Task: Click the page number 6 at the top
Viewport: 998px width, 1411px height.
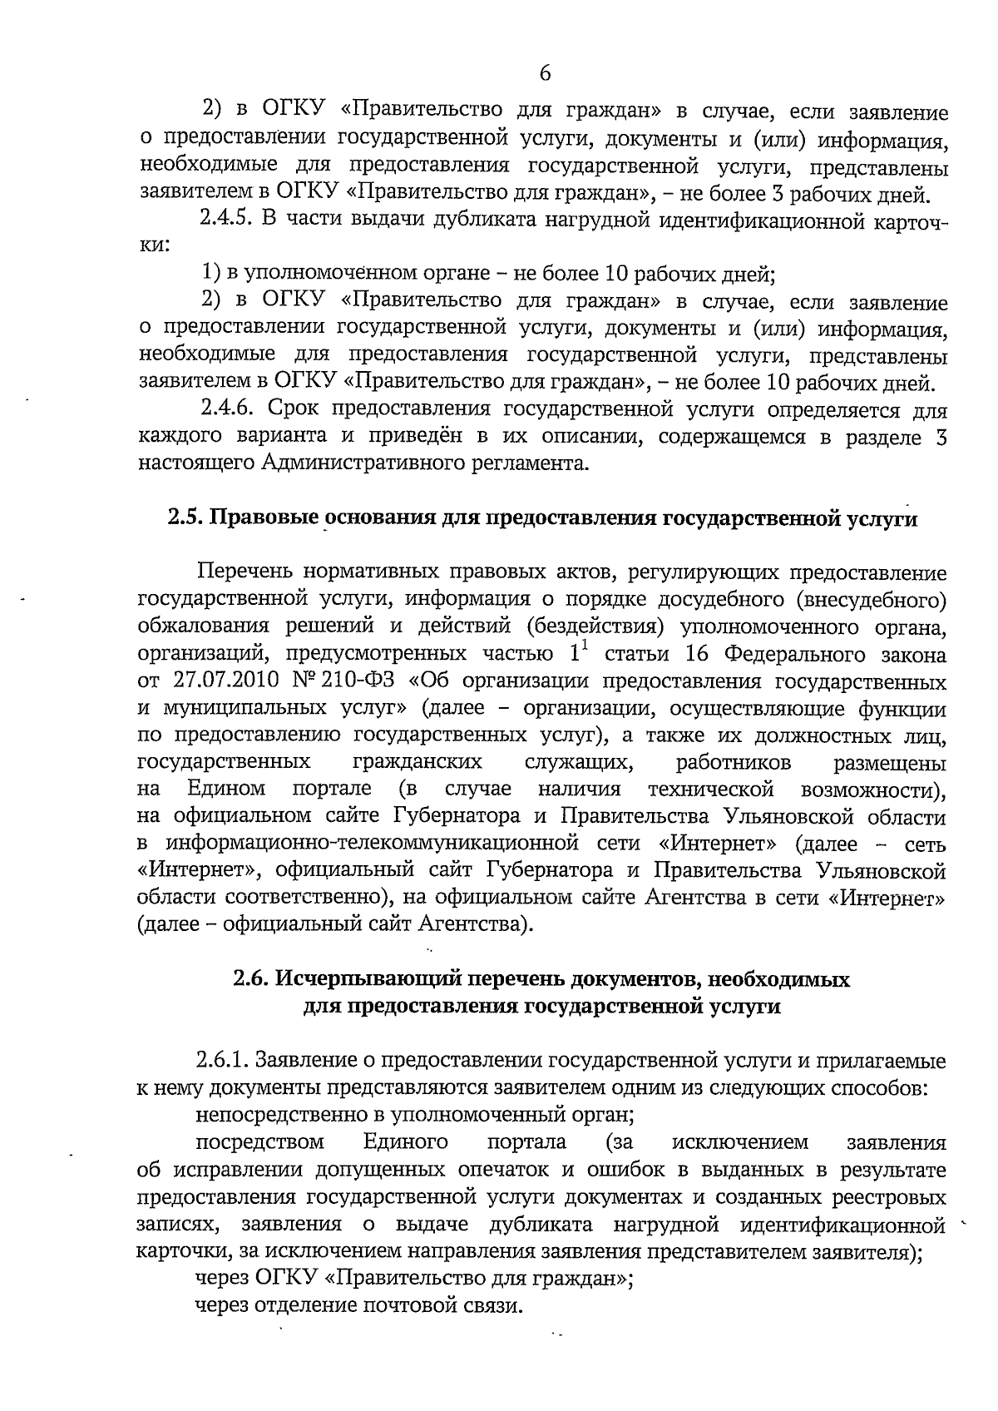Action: (545, 73)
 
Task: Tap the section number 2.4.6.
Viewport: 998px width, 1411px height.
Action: (229, 409)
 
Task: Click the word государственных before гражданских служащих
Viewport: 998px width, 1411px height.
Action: (224, 762)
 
